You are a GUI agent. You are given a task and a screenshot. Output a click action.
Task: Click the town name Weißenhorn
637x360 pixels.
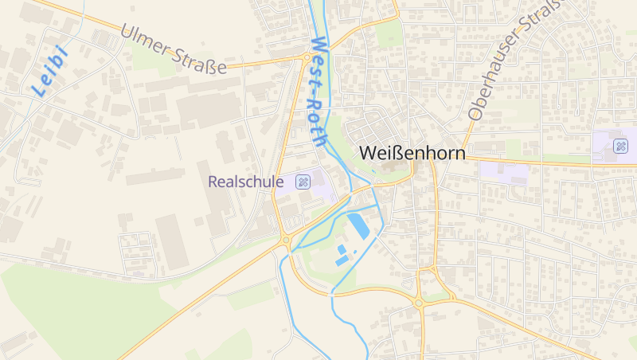coord(412,152)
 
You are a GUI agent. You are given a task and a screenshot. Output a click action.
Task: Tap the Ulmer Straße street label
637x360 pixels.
coord(174,50)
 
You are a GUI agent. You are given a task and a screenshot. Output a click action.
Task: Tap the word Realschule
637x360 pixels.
coord(245,182)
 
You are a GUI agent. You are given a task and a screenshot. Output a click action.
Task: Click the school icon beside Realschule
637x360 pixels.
coord(303,182)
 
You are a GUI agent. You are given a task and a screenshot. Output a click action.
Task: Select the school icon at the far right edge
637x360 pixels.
coord(620,147)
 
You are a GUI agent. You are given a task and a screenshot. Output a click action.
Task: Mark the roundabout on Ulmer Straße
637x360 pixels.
coord(307,57)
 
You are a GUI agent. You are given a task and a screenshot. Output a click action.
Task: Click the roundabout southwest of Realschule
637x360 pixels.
coord(285,239)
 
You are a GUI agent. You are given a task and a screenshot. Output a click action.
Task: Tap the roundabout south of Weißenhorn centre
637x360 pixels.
coord(419,302)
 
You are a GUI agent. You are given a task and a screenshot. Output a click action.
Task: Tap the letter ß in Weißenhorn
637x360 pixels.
coord(394,152)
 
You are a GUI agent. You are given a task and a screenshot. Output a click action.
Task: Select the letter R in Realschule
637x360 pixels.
coord(213,182)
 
